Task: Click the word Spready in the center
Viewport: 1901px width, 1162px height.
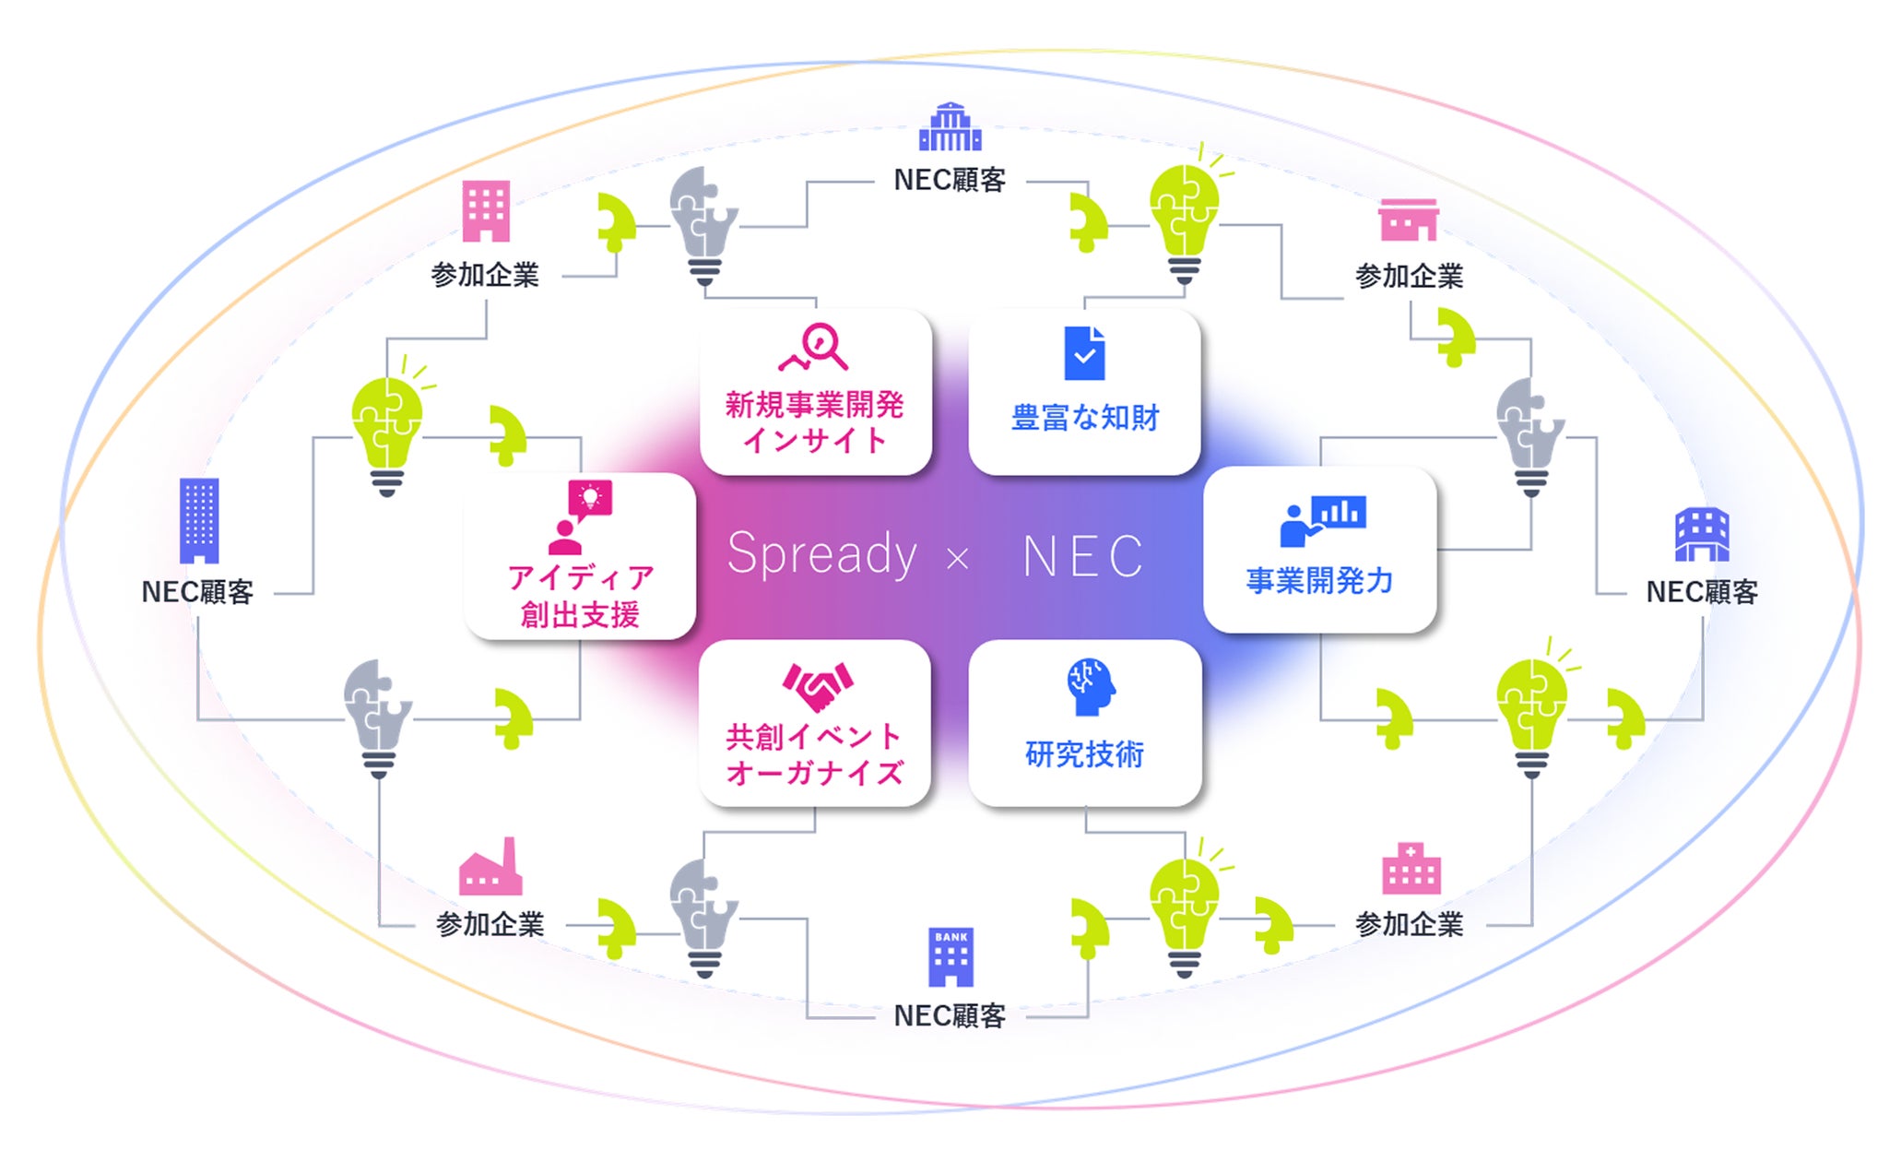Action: (821, 554)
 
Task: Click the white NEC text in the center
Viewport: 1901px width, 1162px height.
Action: (1082, 556)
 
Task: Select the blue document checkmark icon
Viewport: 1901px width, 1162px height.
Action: (1084, 353)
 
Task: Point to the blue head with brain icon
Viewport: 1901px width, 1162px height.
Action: (1091, 686)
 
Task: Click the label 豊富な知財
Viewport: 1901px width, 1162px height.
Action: (1085, 418)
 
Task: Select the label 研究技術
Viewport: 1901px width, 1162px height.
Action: (1085, 754)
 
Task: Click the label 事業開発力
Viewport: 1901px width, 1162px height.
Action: (1319, 580)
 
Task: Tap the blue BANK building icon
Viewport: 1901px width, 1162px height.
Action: (950, 956)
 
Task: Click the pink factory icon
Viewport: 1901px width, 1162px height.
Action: (490, 867)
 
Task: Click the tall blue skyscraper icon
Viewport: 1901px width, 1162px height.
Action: (199, 520)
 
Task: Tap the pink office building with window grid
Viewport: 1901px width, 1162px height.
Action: (486, 210)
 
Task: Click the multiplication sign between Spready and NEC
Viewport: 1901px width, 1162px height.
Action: (958, 558)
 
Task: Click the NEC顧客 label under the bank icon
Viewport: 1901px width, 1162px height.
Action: (950, 1015)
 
